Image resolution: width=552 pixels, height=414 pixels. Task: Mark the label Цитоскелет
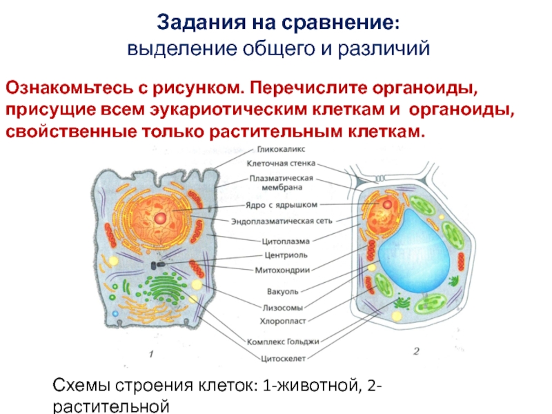pos(283,358)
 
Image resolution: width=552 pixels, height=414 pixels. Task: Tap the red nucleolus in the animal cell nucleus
pos(160,217)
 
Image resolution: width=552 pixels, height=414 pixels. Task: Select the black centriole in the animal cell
pos(158,263)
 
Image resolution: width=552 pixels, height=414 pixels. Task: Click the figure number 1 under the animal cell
pos(150,354)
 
